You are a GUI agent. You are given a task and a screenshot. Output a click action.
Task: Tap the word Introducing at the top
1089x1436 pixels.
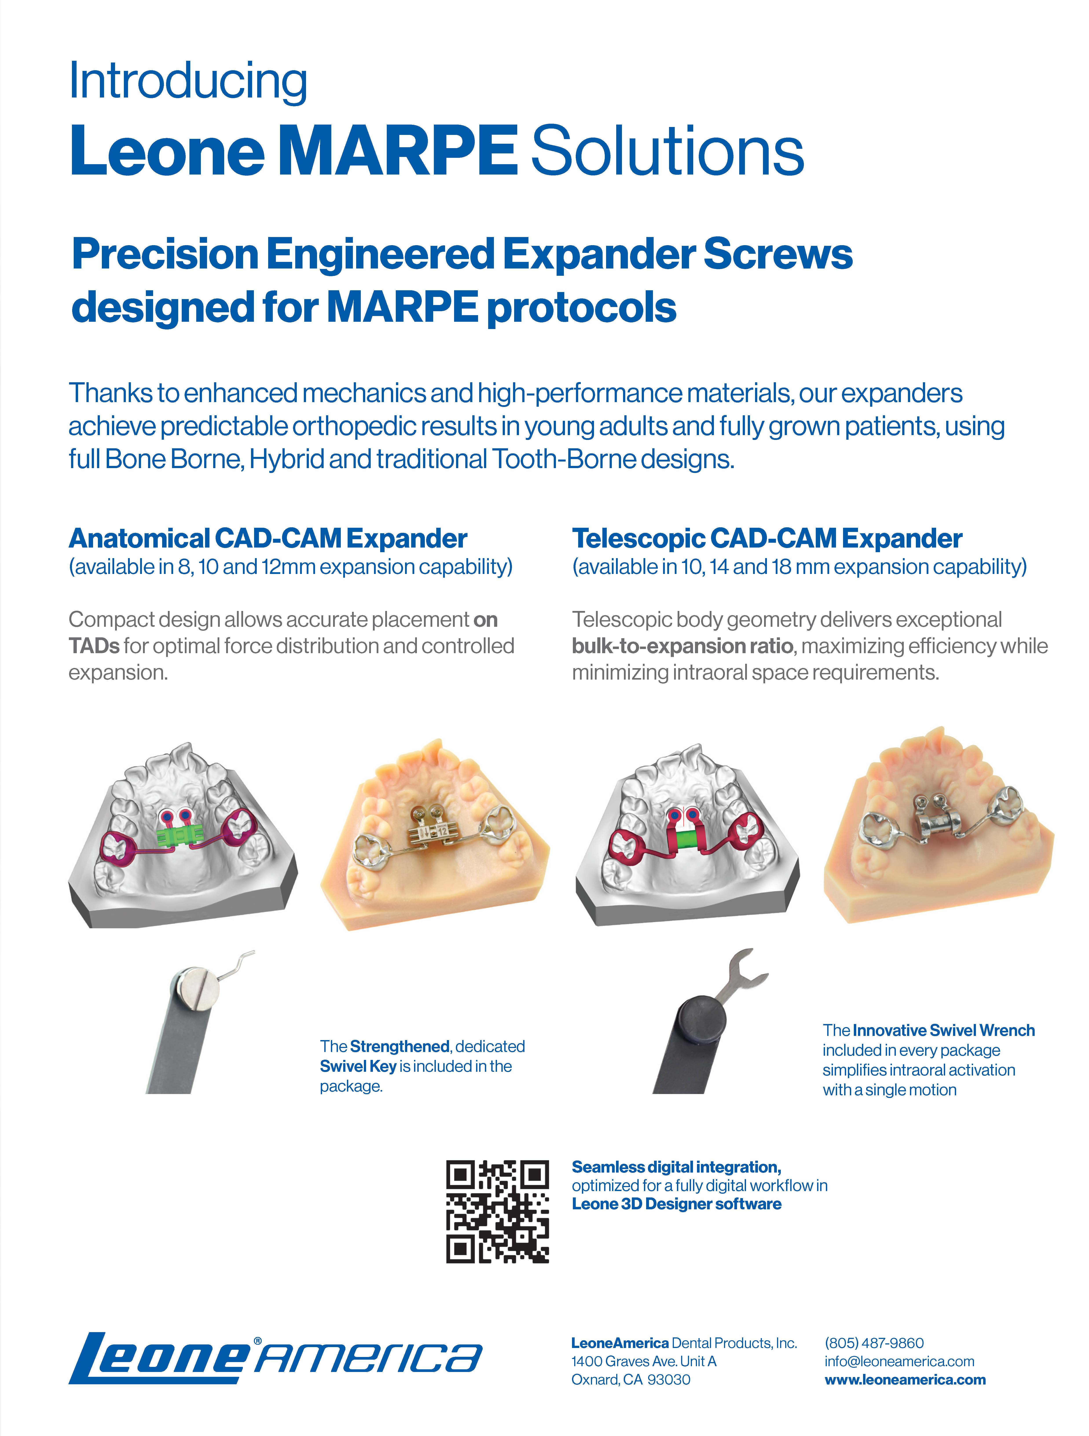click(188, 81)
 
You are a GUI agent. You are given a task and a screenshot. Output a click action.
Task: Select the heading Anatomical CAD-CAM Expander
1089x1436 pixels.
click(268, 538)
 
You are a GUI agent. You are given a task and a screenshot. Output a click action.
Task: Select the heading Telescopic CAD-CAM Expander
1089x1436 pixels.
click(767, 538)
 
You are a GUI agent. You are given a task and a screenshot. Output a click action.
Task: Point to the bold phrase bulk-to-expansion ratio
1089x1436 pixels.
click(682, 646)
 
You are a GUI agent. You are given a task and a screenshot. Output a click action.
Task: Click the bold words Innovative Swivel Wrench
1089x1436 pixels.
click(944, 1030)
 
